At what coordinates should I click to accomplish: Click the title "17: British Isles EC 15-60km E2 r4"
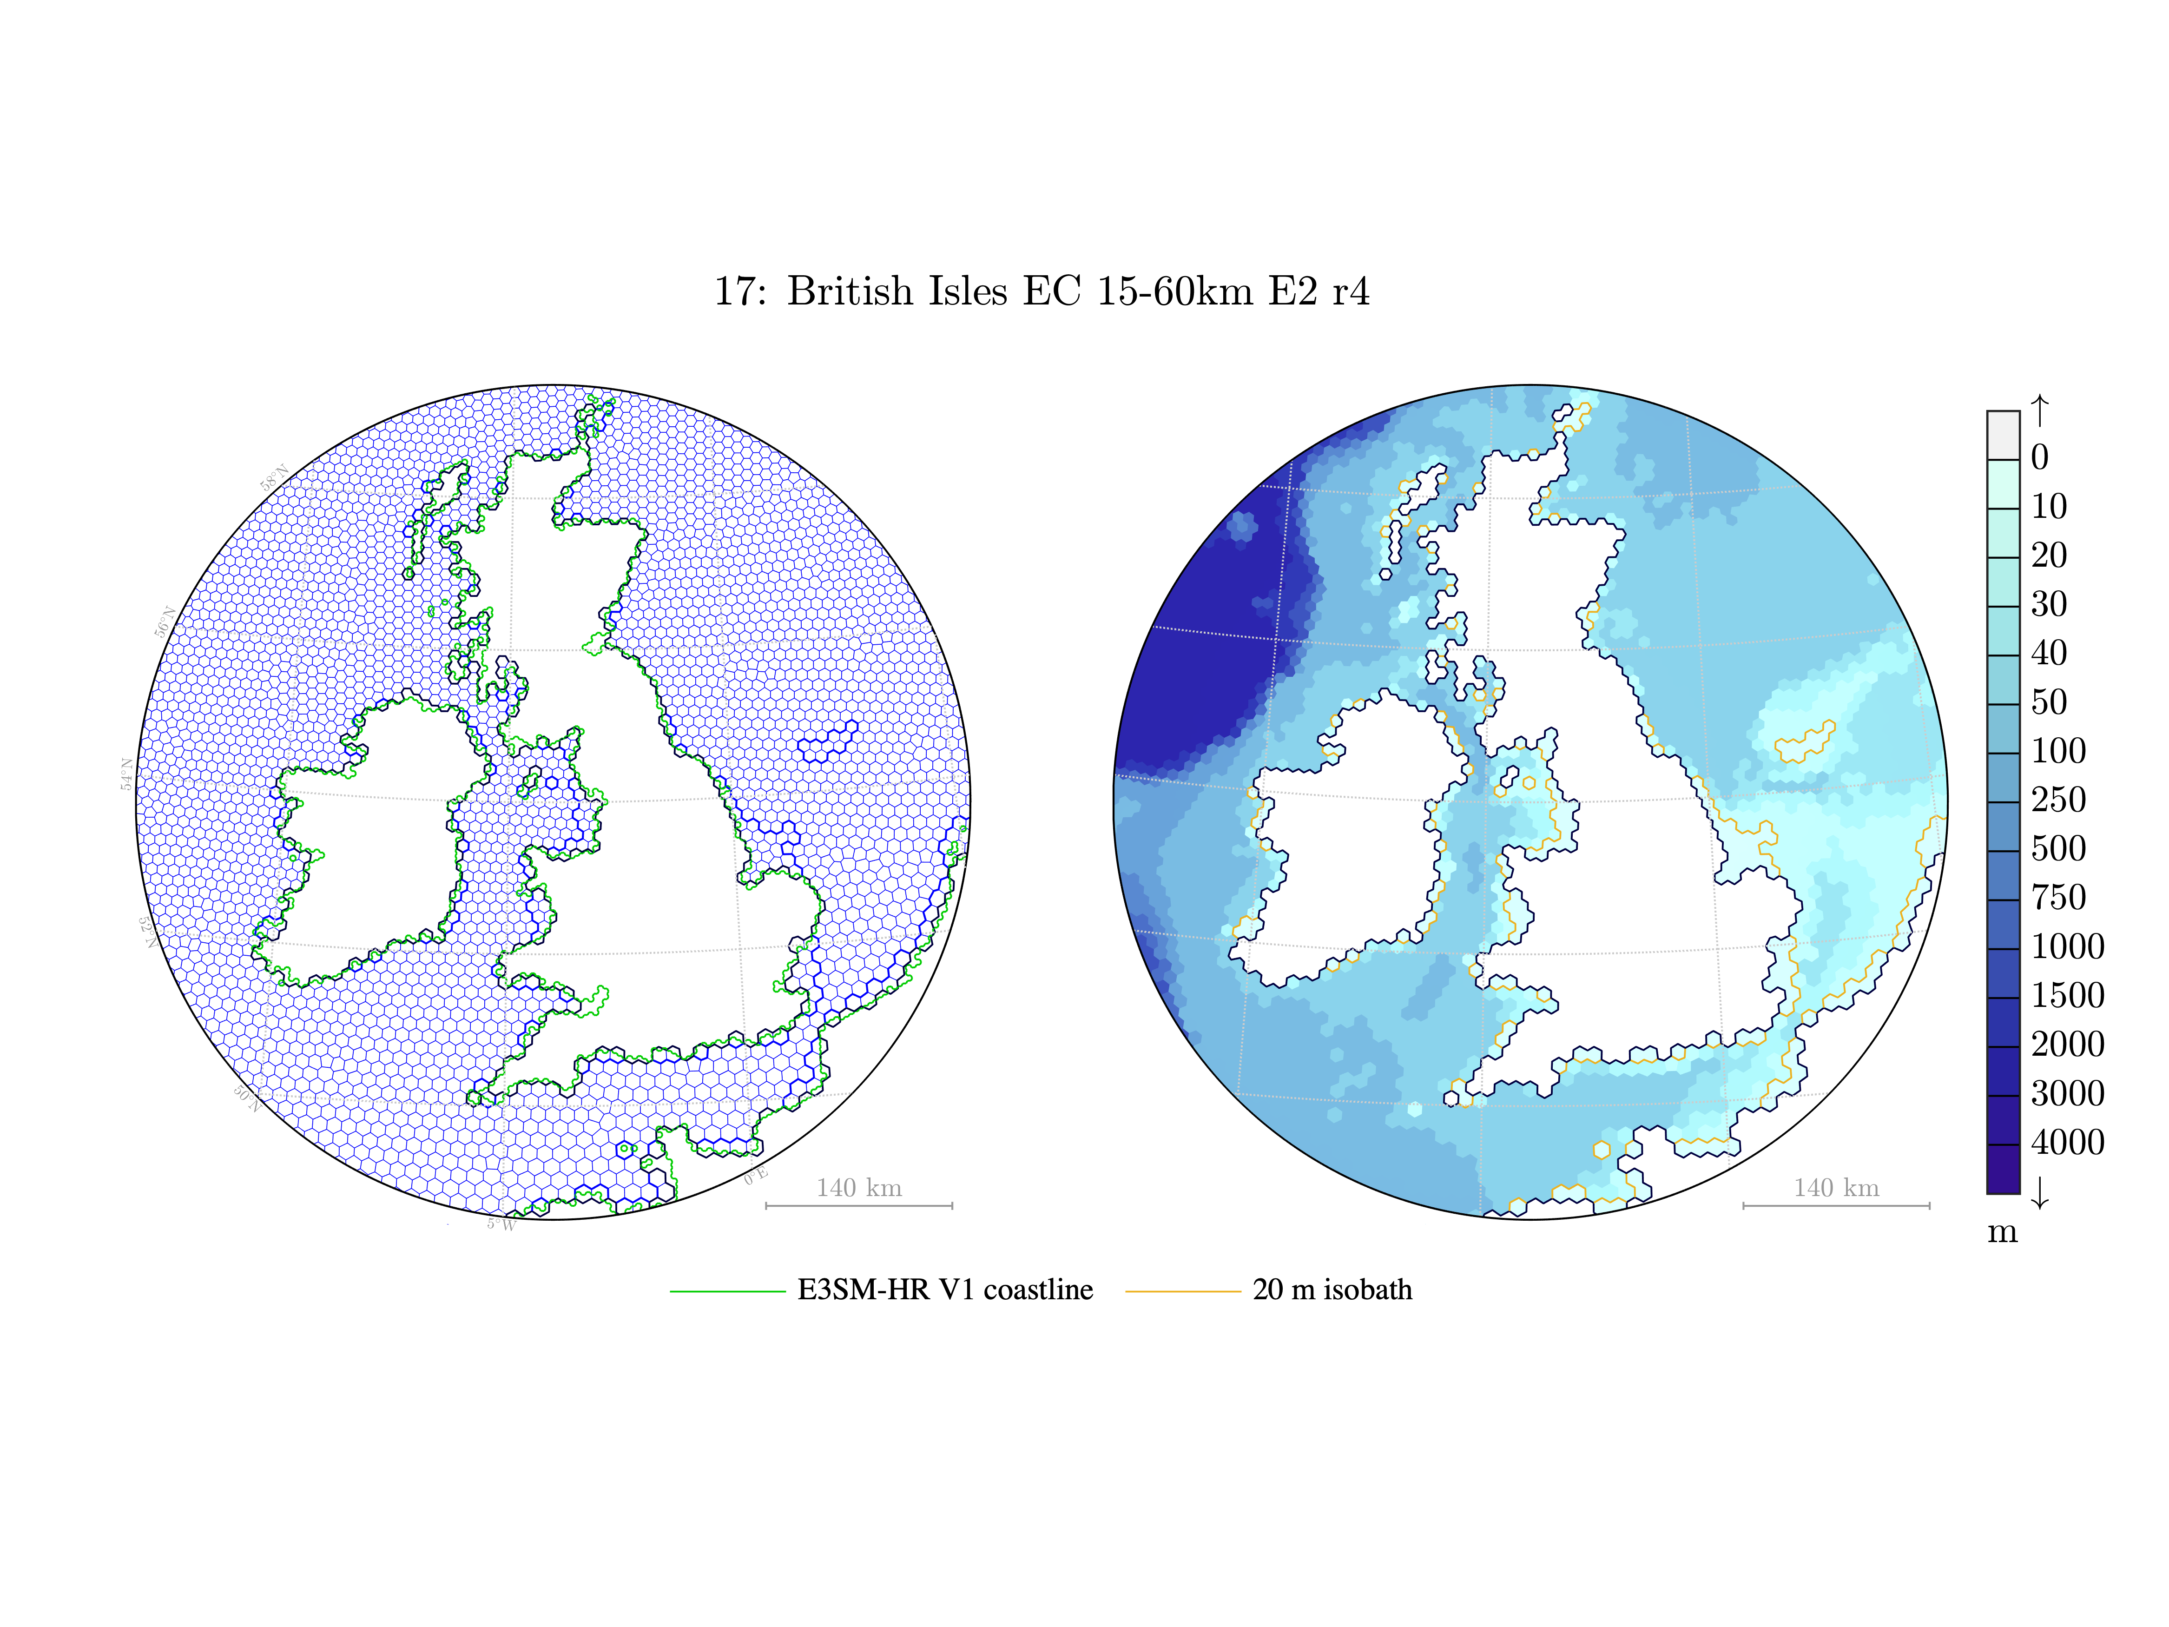tap(1042, 291)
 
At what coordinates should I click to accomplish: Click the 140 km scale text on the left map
tap(859, 1188)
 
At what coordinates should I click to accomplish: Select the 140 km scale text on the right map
tap(1837, 1188)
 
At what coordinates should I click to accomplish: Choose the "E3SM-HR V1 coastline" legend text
tap(945, 1290)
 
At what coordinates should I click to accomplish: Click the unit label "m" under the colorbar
tap(2002, 1232)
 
